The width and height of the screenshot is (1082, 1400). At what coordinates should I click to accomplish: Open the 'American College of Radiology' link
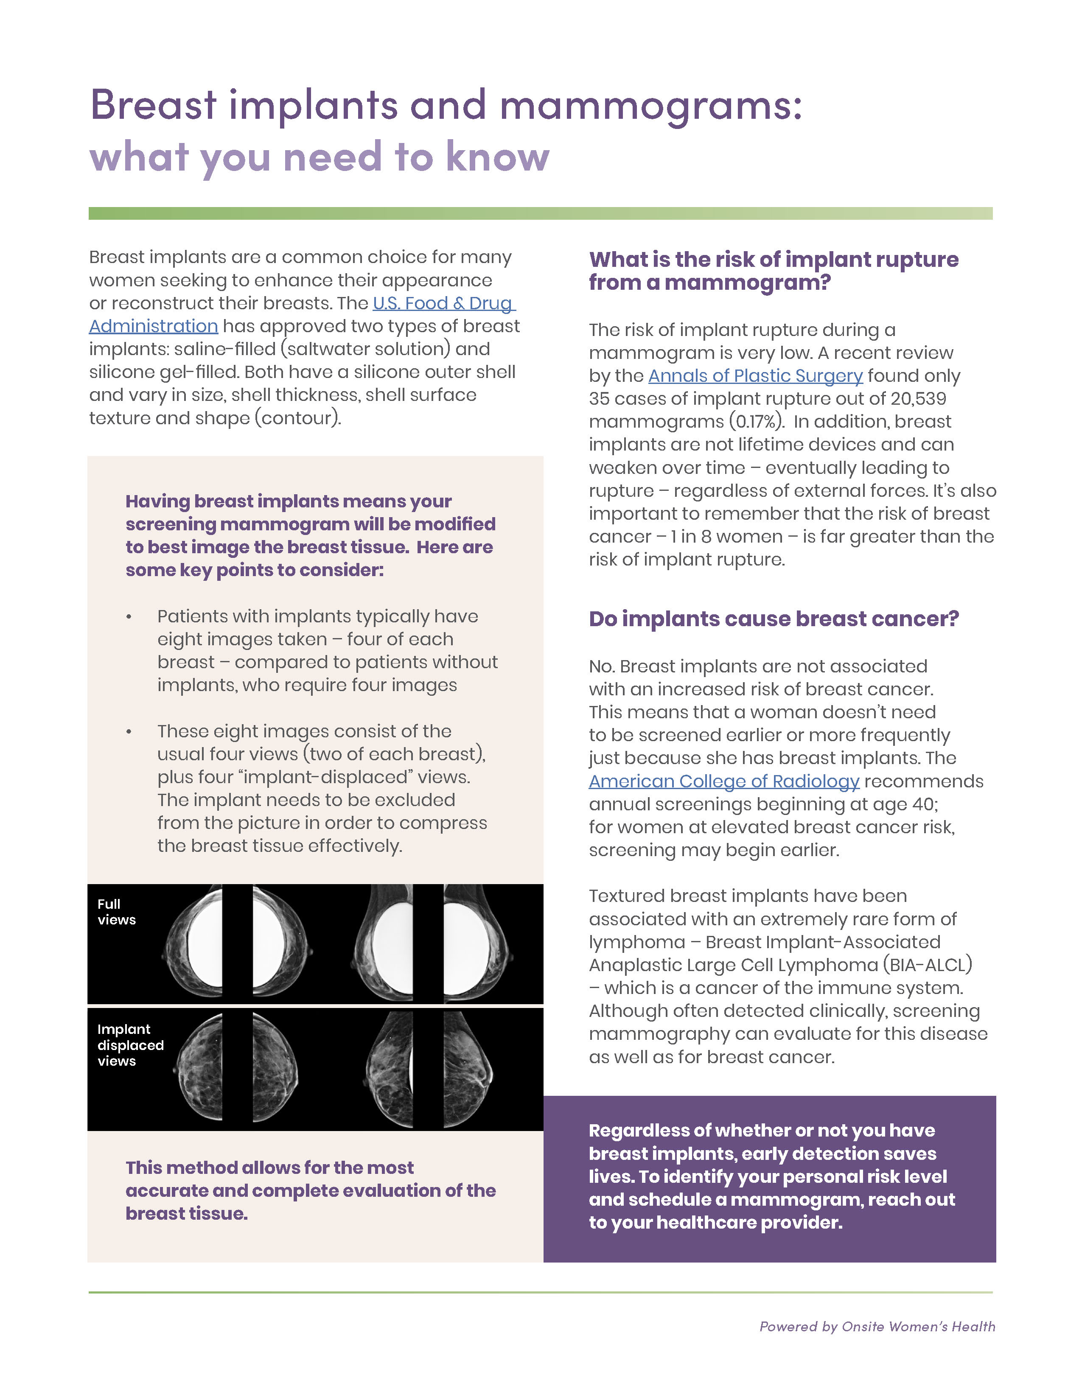pyautogui.click(x=724, y=781)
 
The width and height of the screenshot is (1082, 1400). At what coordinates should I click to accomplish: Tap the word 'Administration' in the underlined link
pyautogui.click(x=153, y=326)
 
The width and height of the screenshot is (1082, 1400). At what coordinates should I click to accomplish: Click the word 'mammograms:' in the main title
pyautogui.click(x=650, y=105)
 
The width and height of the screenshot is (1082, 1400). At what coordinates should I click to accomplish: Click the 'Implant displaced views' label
pyautogui.click(x=130, y=1045)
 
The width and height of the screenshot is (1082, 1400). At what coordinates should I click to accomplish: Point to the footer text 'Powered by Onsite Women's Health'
pyautogui.click(x=877, y=1326)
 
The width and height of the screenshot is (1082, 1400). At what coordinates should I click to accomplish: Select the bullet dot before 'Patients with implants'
pyautogui.click(x=129, y=617)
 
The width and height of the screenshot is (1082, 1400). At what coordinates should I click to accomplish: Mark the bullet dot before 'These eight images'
pyautogui.click(x=129, y=732)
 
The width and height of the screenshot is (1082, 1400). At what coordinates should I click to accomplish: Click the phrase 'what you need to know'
pyautogui.click(x=319, y=157)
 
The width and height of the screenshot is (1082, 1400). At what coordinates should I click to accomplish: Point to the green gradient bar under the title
pyautogui.click(x=540, y=213)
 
